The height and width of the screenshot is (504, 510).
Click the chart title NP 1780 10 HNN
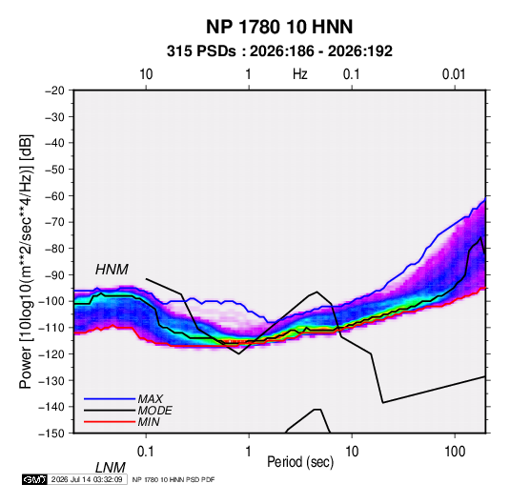(279, 27)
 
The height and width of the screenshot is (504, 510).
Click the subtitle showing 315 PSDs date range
(279, 51)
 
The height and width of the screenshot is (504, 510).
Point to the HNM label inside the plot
(112, 270)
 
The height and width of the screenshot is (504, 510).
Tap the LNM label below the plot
(111, 468)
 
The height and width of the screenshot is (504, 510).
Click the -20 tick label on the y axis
(54, 91)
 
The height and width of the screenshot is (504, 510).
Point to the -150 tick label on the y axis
(52, 433)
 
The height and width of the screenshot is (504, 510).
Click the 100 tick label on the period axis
(455, 452)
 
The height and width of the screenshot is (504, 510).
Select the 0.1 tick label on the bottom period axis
(145, 452)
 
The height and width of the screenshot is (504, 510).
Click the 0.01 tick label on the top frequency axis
(454, 74)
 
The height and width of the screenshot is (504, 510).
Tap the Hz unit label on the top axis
(299, 74)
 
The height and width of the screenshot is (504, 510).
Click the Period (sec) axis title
(300, 462)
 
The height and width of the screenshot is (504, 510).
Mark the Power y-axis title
(26, 262)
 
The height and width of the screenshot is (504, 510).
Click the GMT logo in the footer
(35, 479)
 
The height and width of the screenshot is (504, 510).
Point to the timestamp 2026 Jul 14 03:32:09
(87, 479)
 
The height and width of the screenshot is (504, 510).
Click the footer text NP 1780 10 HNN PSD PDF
(173, 479)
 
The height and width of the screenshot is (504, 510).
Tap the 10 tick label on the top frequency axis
(146, 74)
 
